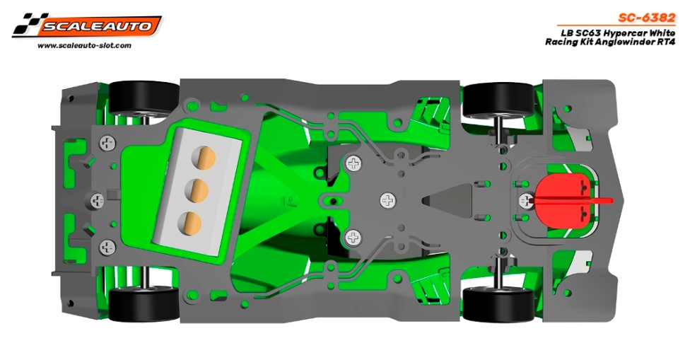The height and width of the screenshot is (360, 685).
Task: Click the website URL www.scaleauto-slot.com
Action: [x=84, y=45]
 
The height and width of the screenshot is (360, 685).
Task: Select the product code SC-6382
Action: [x=647, y=18]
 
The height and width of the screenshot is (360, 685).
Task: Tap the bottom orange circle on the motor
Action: [x=190, y=222]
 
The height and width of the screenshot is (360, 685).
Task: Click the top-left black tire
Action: [x=144, y=99]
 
